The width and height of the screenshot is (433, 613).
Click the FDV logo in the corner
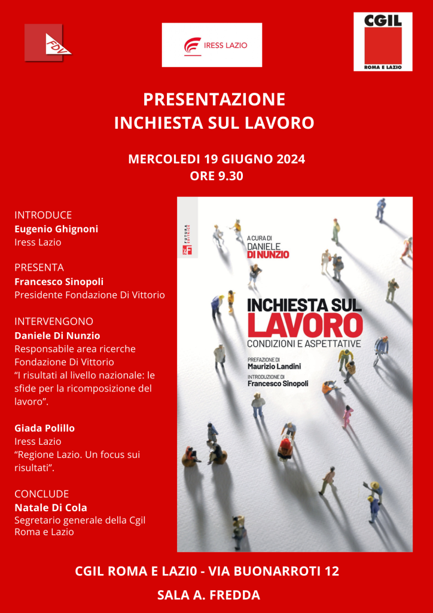coord(48,43)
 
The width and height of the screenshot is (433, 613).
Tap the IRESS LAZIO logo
coord(212,45)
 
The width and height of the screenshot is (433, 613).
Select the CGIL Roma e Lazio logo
coord(383,41)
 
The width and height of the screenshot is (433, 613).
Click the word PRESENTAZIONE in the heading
coord(214,99)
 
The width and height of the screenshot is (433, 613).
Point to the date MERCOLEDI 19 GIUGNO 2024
coord(216,159)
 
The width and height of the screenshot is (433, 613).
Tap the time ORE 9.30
coord(216,176)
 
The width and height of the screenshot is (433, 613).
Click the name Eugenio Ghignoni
coord(56,229)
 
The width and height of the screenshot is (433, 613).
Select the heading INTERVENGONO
coord(54,321)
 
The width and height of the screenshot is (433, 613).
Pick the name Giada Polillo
coord(45,428)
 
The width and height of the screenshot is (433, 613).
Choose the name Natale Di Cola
coord(51,508)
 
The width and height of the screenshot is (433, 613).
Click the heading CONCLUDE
coord(42,494)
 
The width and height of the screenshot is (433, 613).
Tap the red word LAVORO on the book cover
coord(305,324)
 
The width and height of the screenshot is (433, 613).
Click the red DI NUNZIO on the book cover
coord(268,254)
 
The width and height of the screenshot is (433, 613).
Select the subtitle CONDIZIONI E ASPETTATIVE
coord(304,344)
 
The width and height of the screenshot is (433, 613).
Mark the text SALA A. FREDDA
coord(208,595)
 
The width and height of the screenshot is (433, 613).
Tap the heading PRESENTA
coord(39,268)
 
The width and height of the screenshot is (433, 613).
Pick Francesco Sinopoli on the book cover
coord(278,383)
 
